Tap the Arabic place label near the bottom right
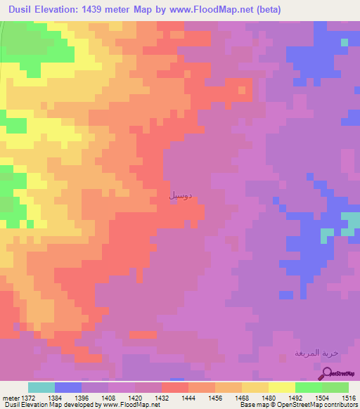316,353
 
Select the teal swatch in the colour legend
41,387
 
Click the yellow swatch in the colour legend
282,387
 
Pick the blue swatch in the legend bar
68,387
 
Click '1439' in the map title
117,9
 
